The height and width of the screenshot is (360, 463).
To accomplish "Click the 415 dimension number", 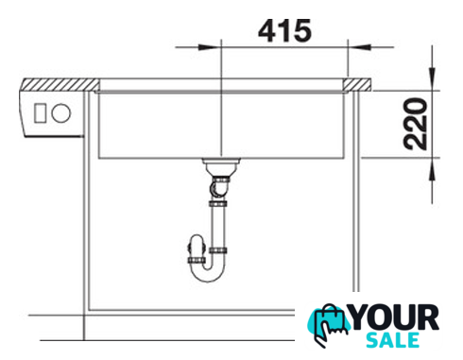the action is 284,31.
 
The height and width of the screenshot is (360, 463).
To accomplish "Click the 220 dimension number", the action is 416,124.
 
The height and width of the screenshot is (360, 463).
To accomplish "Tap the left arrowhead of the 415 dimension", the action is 209,47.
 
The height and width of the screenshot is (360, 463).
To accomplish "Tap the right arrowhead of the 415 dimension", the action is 360,47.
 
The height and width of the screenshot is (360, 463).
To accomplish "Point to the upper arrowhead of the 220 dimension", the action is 432,77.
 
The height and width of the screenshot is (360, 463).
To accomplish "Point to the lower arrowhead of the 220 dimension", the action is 432,169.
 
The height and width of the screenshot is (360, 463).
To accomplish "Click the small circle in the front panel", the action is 61,113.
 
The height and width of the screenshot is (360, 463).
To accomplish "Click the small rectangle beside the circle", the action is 40,113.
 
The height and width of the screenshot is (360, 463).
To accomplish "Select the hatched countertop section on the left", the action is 60,85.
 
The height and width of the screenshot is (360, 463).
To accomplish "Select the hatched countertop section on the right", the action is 358,85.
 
